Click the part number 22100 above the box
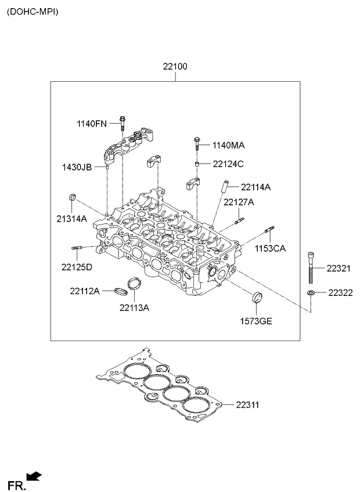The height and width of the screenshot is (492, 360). (175, 67)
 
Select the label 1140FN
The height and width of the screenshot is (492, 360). (92, 124)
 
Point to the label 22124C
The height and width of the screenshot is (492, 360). (228, 164)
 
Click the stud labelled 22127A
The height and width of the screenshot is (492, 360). (239, 221)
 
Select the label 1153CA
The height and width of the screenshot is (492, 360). (270, 249)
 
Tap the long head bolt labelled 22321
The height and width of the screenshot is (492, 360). (311, 267)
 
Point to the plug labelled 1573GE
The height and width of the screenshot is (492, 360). (257, 297)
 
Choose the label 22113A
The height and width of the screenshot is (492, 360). (135, 308)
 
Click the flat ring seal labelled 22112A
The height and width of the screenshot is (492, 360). (121, 291)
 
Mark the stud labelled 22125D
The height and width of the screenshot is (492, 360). (77, 248)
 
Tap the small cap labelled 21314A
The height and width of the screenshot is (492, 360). (72, 198)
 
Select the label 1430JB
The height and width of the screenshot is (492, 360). (77, 167)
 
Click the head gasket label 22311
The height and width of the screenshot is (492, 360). (247, 405)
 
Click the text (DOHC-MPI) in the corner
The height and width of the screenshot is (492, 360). (33, 12)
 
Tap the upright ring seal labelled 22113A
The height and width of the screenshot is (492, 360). (134, 283)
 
